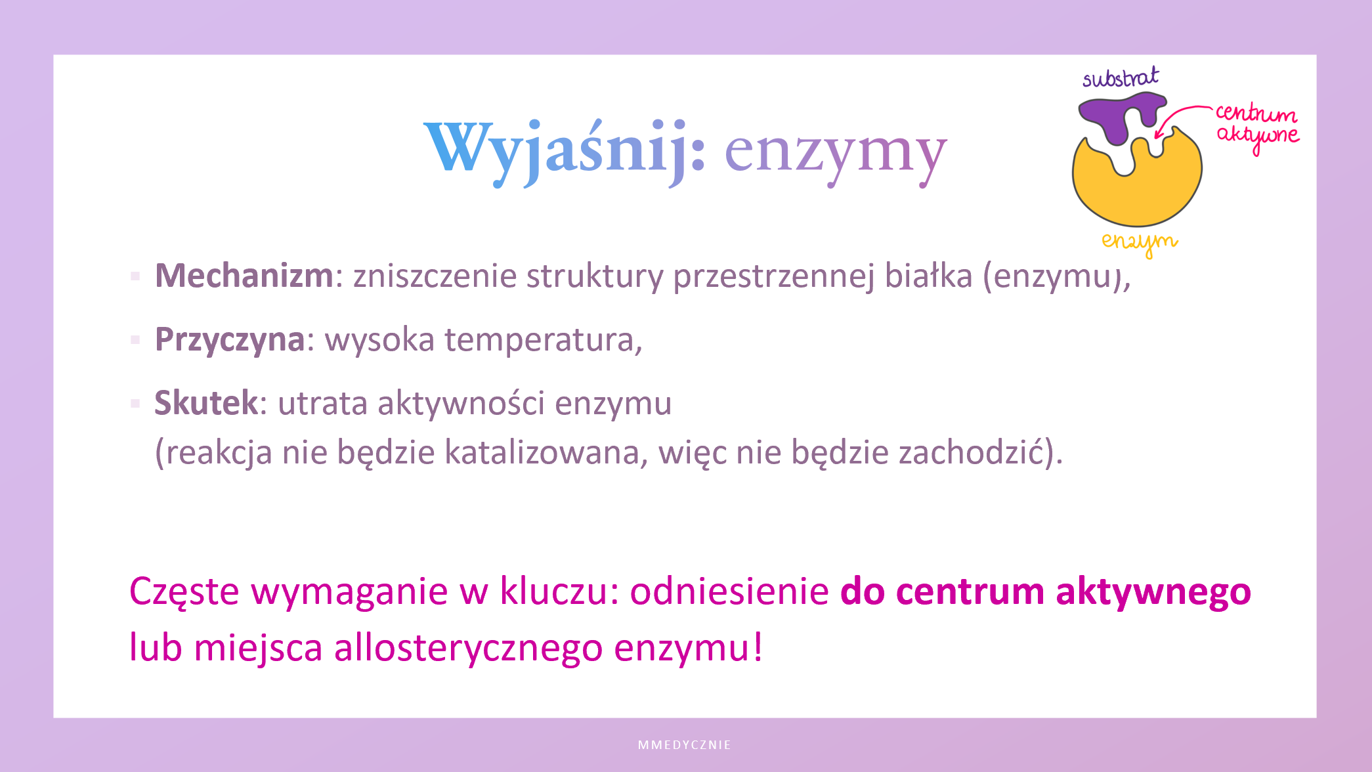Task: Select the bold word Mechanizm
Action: (x=244, y=275)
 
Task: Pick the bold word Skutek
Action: (x=206, y=402)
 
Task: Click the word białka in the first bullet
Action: (x=928, y=275)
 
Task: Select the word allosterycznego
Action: (x=468, y=648)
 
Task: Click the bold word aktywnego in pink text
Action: (x=1153, y=591)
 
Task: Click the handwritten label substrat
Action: (x=1121, y=77)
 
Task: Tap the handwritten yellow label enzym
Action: (x=1140, y=242)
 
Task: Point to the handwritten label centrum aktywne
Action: (x=1257, y=127)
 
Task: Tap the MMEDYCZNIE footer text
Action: (x=685, y=745)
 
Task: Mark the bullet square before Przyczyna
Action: (x=135, y=339)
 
